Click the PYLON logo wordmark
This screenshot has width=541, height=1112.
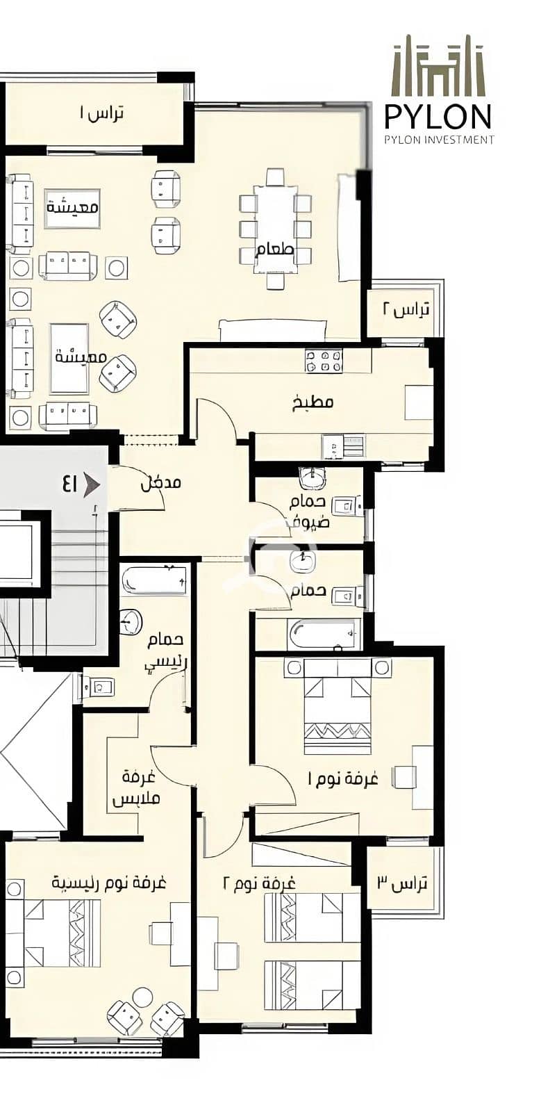point(438,117)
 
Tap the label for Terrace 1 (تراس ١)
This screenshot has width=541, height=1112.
point(101,114)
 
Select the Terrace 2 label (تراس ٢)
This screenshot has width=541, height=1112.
point(406,310)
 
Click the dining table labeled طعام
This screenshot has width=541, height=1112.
point(276,229)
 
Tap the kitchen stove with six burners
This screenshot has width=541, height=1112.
point(324,361)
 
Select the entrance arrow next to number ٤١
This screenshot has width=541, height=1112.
point(92,484)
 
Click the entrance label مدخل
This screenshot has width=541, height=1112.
point(160,482)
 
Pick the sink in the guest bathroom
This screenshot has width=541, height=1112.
point(313,478)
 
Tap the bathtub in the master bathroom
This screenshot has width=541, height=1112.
point(155,580)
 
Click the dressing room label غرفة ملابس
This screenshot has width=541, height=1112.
point(136,788)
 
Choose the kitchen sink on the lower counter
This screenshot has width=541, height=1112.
point(344,446)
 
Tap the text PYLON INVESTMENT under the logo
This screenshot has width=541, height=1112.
point(440,140)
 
